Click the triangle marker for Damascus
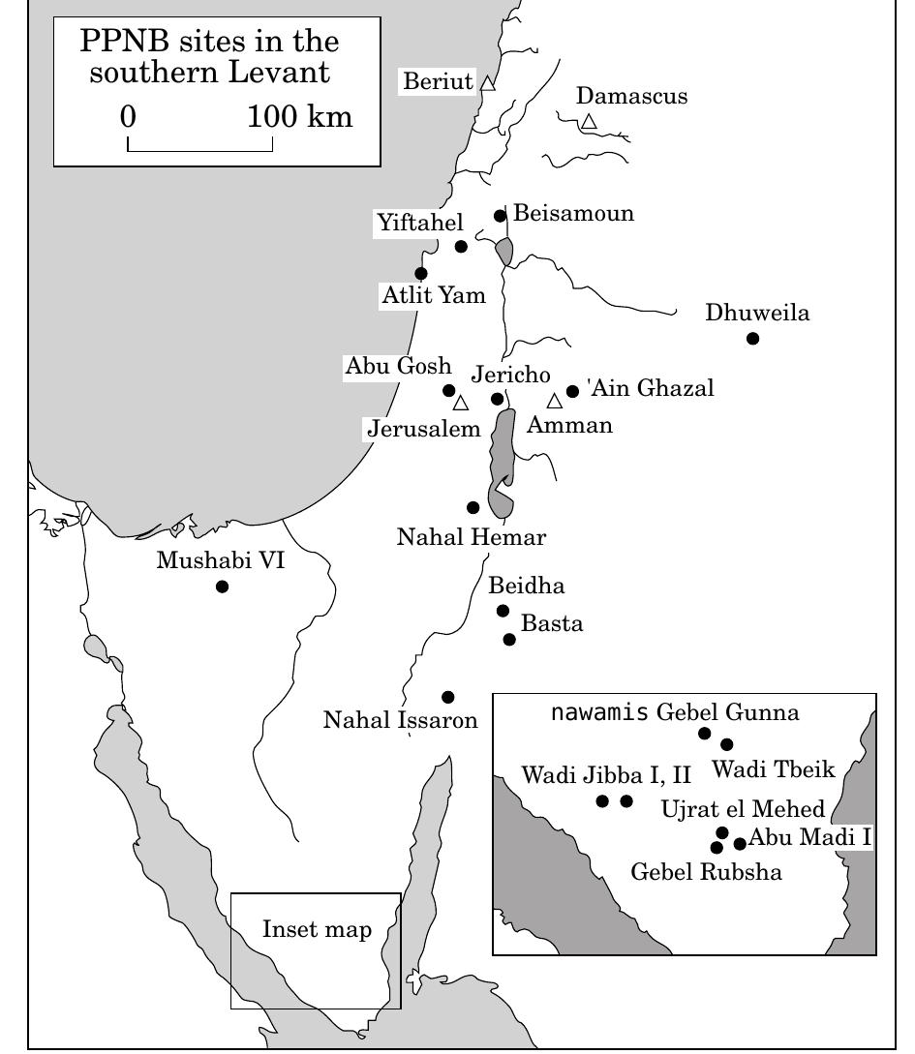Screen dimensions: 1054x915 [589, 122]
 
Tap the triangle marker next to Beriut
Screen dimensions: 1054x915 [488, 83]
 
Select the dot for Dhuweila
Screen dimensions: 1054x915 [752, 338]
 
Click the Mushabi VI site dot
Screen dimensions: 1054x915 [222, 587]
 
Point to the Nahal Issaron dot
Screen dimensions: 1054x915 [447, 697]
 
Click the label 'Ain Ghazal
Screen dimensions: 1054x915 [651, 389]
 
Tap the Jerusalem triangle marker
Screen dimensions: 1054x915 [461, 403]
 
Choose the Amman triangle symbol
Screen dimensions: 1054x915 [554, 401]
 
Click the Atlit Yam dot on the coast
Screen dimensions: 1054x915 [421, 274]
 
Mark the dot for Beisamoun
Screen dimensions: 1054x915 [501, 216]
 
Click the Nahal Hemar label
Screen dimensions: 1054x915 [472, 537]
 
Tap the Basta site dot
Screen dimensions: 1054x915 [509, 639]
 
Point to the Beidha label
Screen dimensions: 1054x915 [527, 586]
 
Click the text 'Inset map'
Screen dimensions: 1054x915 [317, 930]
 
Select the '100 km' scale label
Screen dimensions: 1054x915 [300, 118]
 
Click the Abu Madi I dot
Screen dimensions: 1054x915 [740, 844]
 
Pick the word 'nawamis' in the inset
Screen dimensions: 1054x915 [599, 713]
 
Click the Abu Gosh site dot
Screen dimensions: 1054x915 [449, 391]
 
